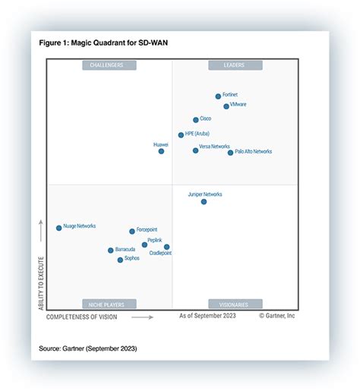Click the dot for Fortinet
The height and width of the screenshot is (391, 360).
pyautogui.click(x=218, y=96)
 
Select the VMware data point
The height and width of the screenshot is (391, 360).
pyautogui.click(x=226, y=106)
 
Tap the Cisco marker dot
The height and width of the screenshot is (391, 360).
pyautogui.click(x=196, y=120)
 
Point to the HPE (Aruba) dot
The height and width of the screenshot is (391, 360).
pyautogui.click(x=181, y=135)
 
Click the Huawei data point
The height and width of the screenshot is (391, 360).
pyautogui.click(x=161, y=151)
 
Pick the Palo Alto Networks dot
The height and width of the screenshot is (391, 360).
pyautogui.click(x=231, y=153)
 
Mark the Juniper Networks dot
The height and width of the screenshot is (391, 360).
pyautogui.click(x=204, y=202)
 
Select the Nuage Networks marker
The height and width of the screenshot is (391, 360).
pyautogui.click(x=58, y=228)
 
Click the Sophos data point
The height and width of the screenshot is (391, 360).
pyautogui.click(x=120, y=260)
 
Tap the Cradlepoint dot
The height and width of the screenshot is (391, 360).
pyautogui.click(x=167, y=247)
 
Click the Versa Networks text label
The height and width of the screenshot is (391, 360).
pyautogui.click(x=214, y=146)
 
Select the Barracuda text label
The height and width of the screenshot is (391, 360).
pyautogui.click(x=126, y=249)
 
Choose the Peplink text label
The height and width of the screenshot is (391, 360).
pyautogui.click(x=154, y=240)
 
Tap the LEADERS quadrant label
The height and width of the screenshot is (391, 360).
pyautogui.click(x=233, y=65)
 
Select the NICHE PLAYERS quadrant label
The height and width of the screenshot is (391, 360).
pyautogui.click(x=109, y=304)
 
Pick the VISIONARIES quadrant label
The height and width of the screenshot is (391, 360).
pyautogui.click(x=233, y=304)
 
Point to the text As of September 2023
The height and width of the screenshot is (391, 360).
pyautogui.click(x=207, y=315)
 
